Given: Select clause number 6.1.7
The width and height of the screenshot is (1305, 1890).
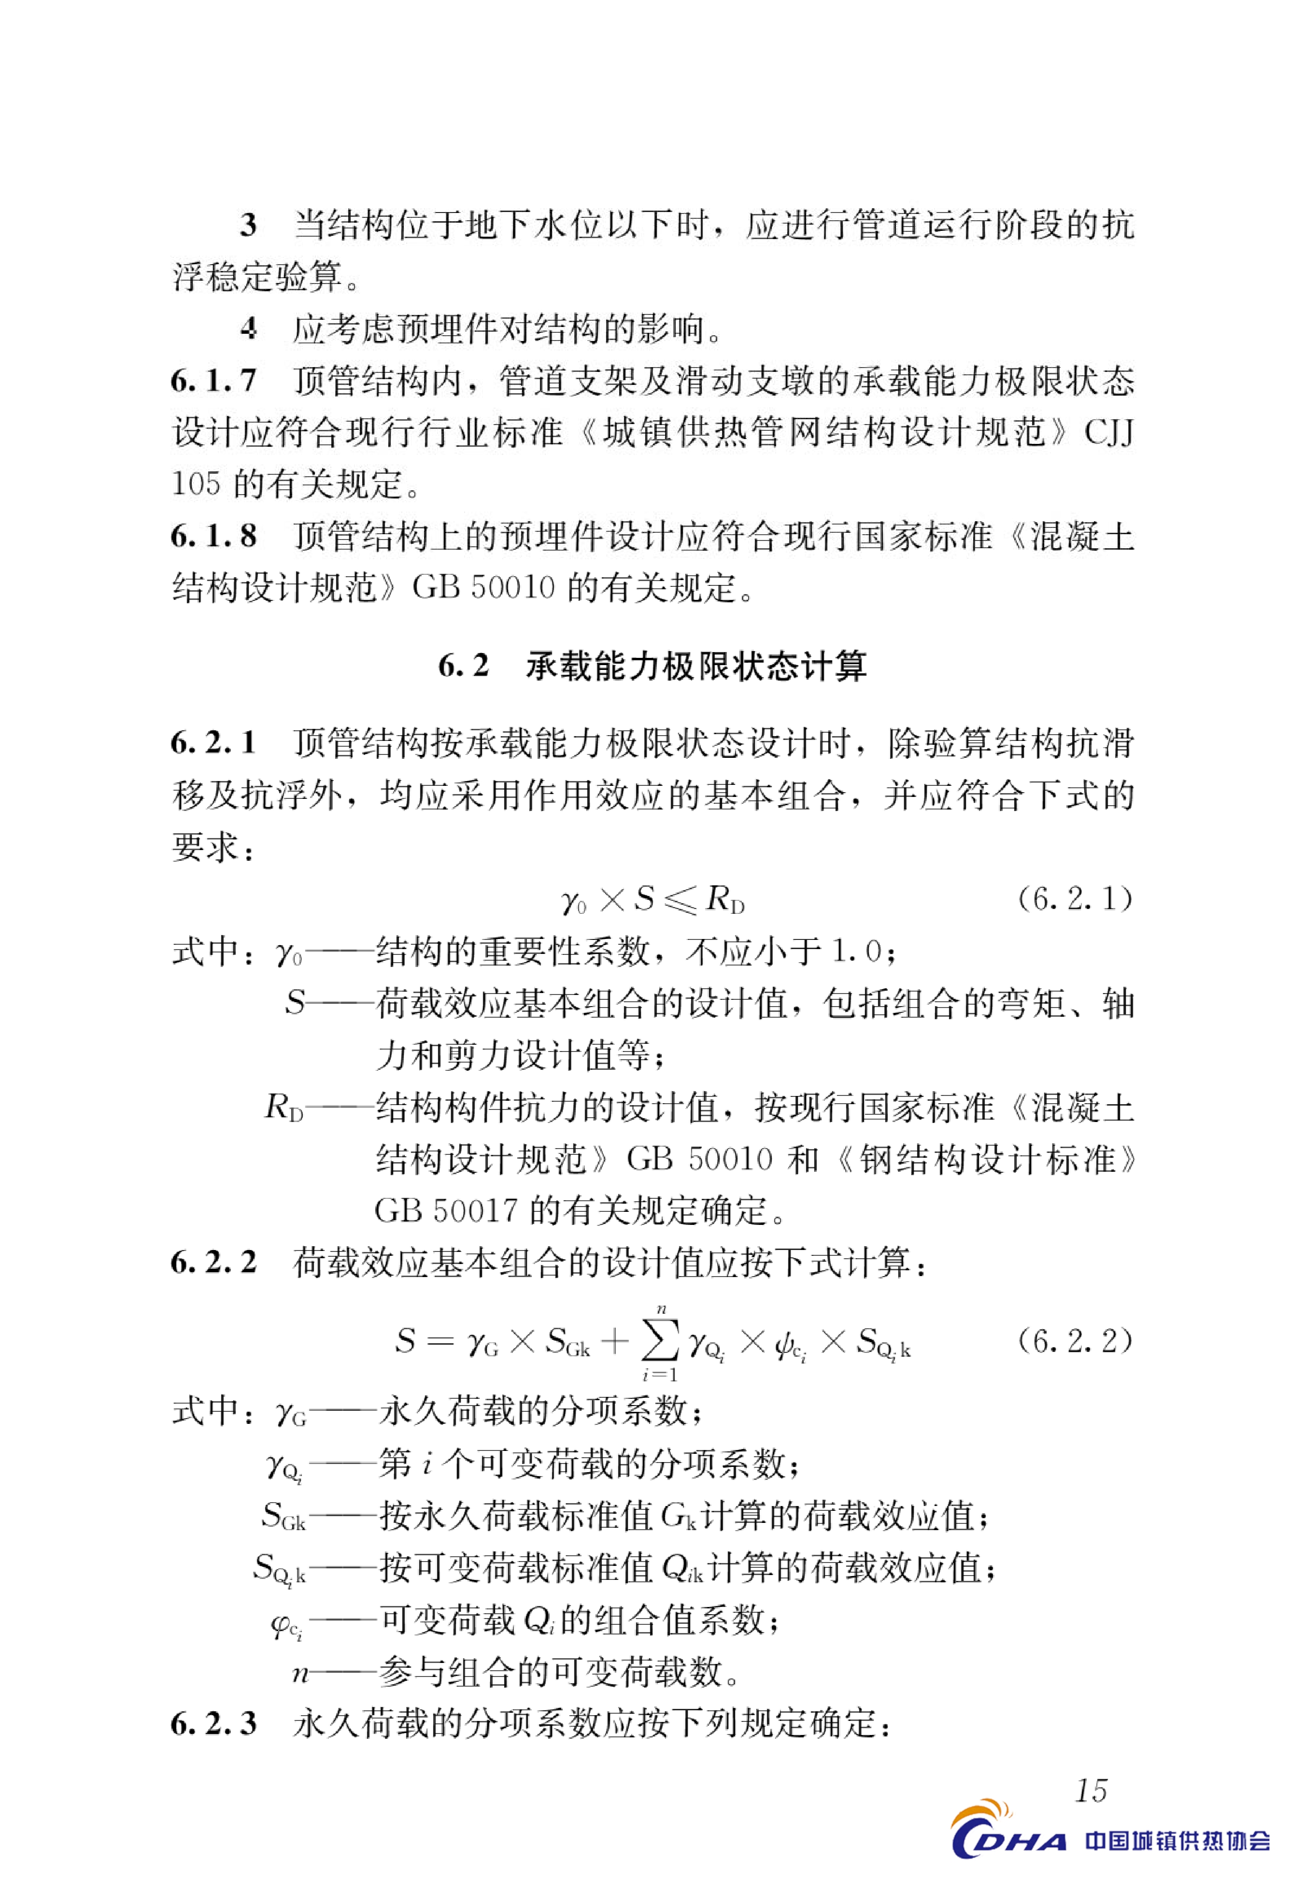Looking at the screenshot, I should click(213, 381).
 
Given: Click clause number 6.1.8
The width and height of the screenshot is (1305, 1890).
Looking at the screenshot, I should click(213, 536).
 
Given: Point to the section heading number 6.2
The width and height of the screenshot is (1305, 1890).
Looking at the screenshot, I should click(464, 666).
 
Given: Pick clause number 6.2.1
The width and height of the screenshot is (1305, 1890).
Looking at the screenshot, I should click(213, 742).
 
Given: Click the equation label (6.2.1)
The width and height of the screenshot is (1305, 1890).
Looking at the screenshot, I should click(1075, 899).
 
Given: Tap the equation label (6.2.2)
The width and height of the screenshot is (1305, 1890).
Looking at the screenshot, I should click(1075, 1341).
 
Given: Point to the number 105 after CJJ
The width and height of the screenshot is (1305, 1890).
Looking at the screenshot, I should click(196, 484).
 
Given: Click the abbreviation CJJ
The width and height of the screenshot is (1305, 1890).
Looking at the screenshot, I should click(1109, 432).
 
